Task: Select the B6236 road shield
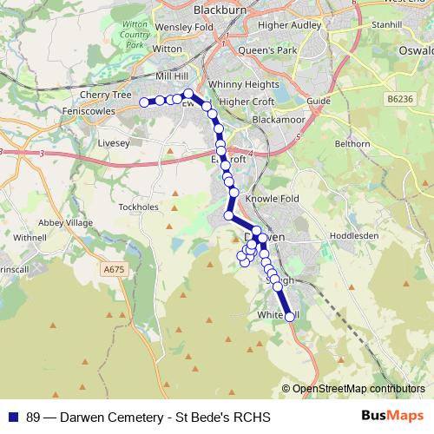(x=400, y=100)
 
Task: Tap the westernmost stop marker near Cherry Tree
(x=145, y=102)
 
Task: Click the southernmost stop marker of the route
(x=290, y=317)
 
